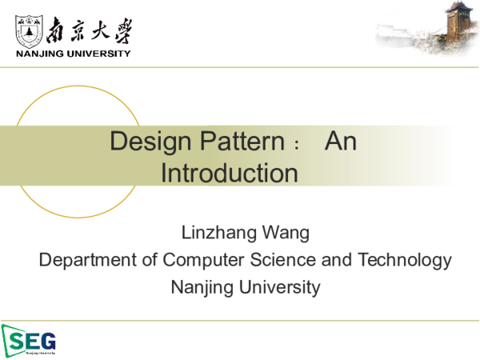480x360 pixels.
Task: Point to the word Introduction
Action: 230,172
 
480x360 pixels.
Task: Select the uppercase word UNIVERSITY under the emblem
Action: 98,54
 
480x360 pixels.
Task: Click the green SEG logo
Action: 29,339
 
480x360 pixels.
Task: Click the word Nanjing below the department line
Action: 200,286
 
